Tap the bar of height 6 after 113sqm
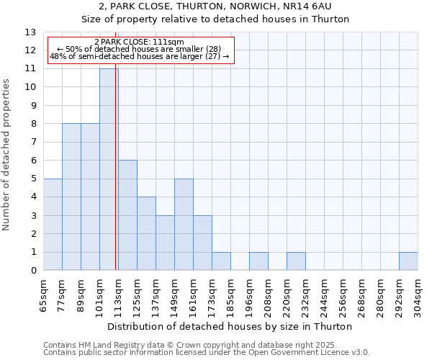127,215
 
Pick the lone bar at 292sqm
408,261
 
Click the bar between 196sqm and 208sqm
258,261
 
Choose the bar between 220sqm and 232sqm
296,261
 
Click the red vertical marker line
116,180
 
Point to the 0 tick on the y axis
33,271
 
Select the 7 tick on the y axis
33,143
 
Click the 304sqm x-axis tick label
418,296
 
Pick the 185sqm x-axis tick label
231,296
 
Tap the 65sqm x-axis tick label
44,296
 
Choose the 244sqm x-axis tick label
325,296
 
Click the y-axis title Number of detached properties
7,155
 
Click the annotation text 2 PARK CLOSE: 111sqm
139,42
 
